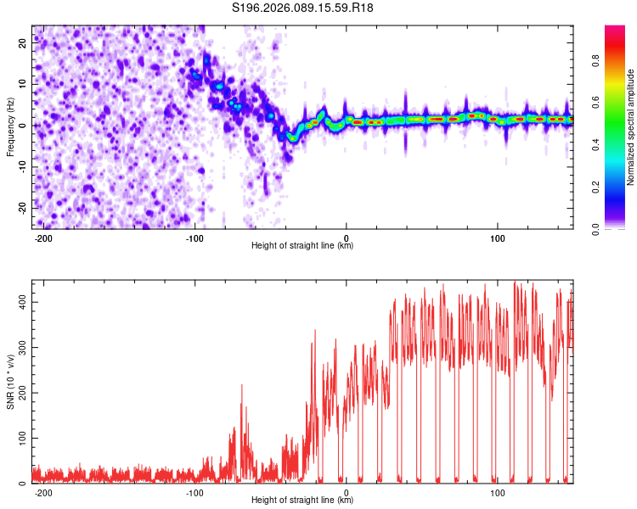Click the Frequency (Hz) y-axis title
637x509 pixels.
tap(10, 126)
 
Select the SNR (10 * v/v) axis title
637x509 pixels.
tap(10, 382)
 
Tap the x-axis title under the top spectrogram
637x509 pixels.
tap(302, 246)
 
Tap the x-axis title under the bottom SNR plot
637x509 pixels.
tap(302, 501)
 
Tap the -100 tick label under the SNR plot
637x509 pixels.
tap(194, 491)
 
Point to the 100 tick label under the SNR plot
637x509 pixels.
tap(498, 491)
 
